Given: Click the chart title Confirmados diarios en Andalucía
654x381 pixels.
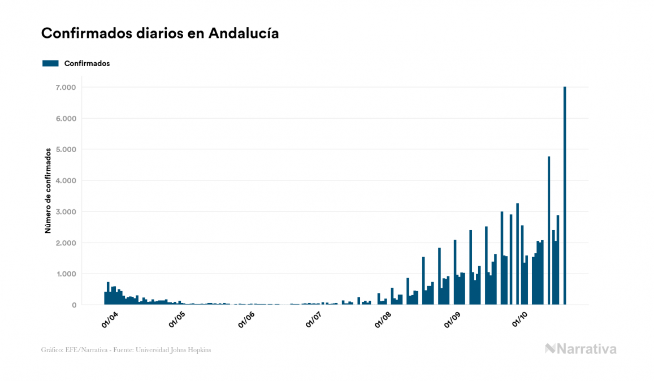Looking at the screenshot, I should (160, 33).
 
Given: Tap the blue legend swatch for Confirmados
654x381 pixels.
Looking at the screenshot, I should (50, 63).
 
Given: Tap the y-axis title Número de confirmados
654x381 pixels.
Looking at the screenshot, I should (49, 190).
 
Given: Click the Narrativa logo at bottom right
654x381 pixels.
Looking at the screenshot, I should (581, 349).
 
